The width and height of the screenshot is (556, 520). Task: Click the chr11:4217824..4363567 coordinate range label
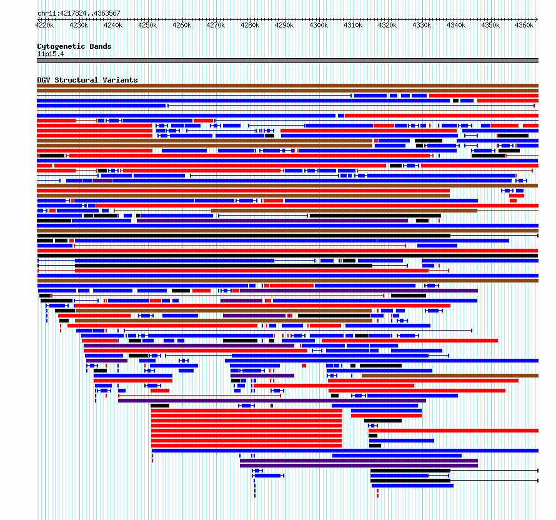(x=79, y=13)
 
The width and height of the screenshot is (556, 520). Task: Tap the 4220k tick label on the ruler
(x=45, y=25)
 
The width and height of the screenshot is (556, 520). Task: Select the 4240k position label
(x=113, y=25)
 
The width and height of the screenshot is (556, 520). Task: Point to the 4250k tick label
(x=147, y=25)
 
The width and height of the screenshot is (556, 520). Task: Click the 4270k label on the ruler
(x=216, y=25)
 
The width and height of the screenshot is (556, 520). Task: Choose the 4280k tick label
(x=250, y=25)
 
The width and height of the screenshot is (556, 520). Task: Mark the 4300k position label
(x=319, y=25)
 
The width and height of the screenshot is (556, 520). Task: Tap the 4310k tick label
(x=353, y=25)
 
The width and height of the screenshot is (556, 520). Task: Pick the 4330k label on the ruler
(x=422, y=25)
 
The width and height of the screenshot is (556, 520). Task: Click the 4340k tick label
(x=456, y=25)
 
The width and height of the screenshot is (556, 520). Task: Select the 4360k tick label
(x=524, y=25)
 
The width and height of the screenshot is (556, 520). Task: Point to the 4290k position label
(x=284, y=25)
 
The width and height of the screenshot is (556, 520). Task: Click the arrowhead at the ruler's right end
(x=537, y=19)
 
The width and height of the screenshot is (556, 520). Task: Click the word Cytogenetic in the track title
(x=61, y=46)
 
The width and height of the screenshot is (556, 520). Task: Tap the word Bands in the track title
(x=101, y=46)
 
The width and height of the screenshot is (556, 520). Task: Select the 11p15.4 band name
(x=51, y=54)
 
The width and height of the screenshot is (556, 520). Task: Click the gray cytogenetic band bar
(x=287, y=61)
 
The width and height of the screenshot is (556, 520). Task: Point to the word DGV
(x=44, y=80)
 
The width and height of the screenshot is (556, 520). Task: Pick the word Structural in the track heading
(x=76, y=80)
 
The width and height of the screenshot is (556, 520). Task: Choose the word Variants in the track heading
(x=120, y=80)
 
